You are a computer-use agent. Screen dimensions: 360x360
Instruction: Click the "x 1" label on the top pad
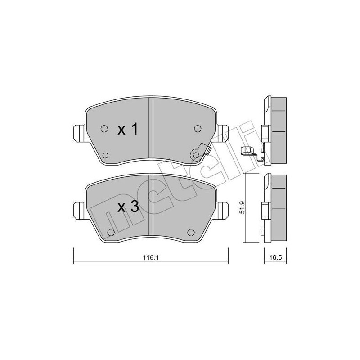(x=127, y=130)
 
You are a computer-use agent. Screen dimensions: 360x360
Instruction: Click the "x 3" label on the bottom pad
(x=127, y=207)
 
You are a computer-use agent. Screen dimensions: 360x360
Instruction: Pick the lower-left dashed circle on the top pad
(x=105, y=155)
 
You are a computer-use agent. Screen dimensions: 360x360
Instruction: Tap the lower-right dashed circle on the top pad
(x=196, y=155)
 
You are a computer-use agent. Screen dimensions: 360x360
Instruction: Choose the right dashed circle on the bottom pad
(x=190, y=232)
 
